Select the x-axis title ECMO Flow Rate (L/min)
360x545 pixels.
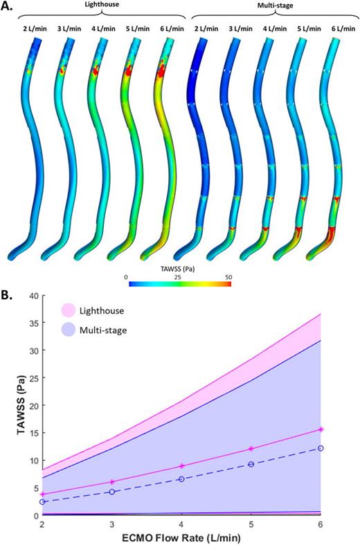tap(183, 537)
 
